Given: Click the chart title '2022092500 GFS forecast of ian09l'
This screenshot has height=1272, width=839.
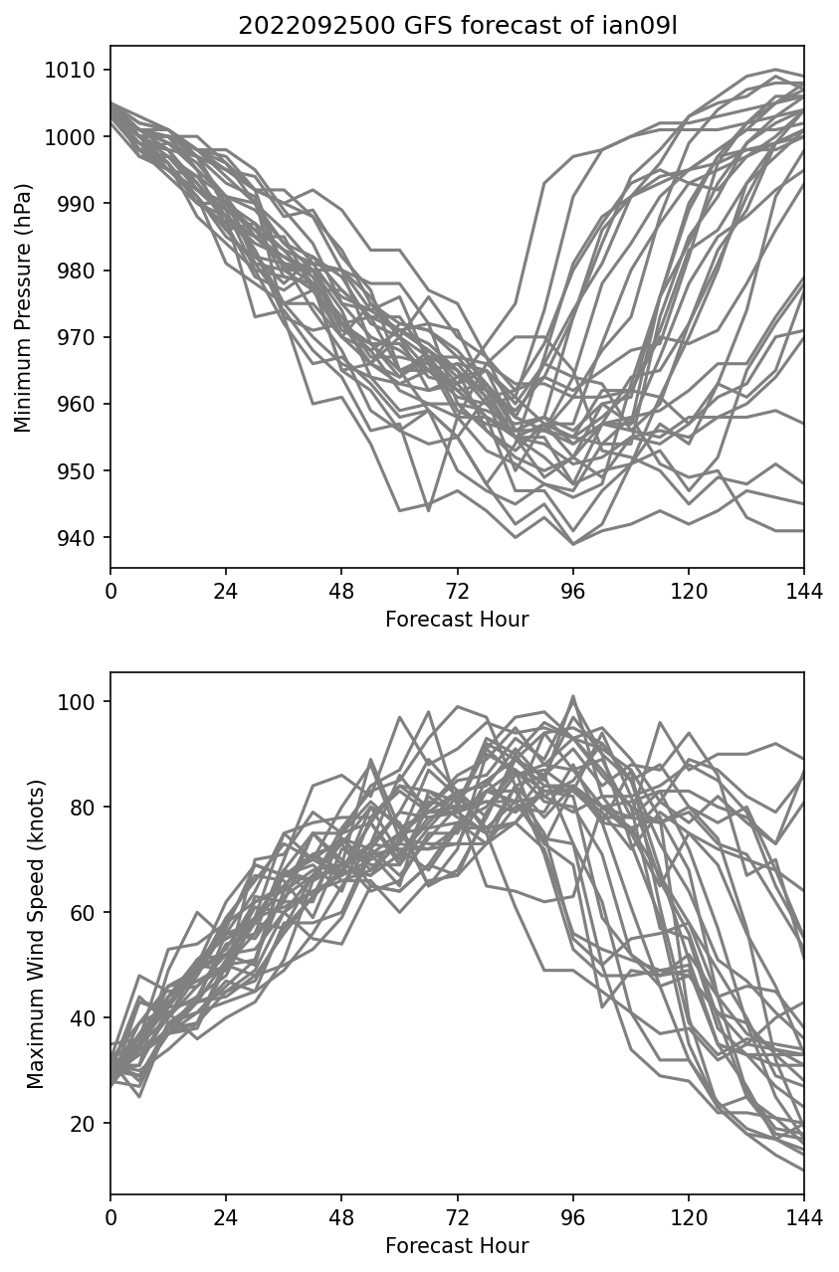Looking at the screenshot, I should coord(457,27).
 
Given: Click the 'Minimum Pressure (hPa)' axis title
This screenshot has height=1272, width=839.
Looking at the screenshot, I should coord(23,307).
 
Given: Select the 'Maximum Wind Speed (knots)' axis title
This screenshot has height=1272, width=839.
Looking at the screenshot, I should coord(36,934).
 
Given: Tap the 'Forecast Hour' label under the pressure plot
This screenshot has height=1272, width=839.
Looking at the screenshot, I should coord(457,620).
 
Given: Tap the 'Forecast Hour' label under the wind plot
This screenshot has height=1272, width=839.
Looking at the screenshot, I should coord(457,1246).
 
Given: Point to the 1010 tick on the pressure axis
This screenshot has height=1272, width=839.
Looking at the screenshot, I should coord(76,70).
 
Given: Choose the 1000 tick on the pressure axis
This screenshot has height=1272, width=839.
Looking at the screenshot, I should coord(76,137).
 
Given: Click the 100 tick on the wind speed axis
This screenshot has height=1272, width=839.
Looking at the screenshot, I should coord(80,702).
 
